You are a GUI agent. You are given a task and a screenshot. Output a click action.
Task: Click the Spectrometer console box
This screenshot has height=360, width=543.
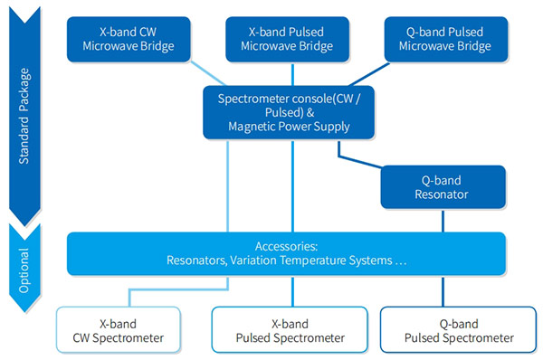click(291, 112)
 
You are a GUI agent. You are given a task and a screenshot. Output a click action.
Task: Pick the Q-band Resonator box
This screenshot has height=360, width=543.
click(443, 185)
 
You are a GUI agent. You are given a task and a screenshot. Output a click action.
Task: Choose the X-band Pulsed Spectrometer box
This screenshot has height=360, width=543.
click(291, 330)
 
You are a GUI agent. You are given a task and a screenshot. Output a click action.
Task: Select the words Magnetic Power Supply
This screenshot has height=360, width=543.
click(291, 126)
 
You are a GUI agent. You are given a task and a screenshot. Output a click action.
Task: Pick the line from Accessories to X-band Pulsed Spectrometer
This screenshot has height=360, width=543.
click(291, 291)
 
